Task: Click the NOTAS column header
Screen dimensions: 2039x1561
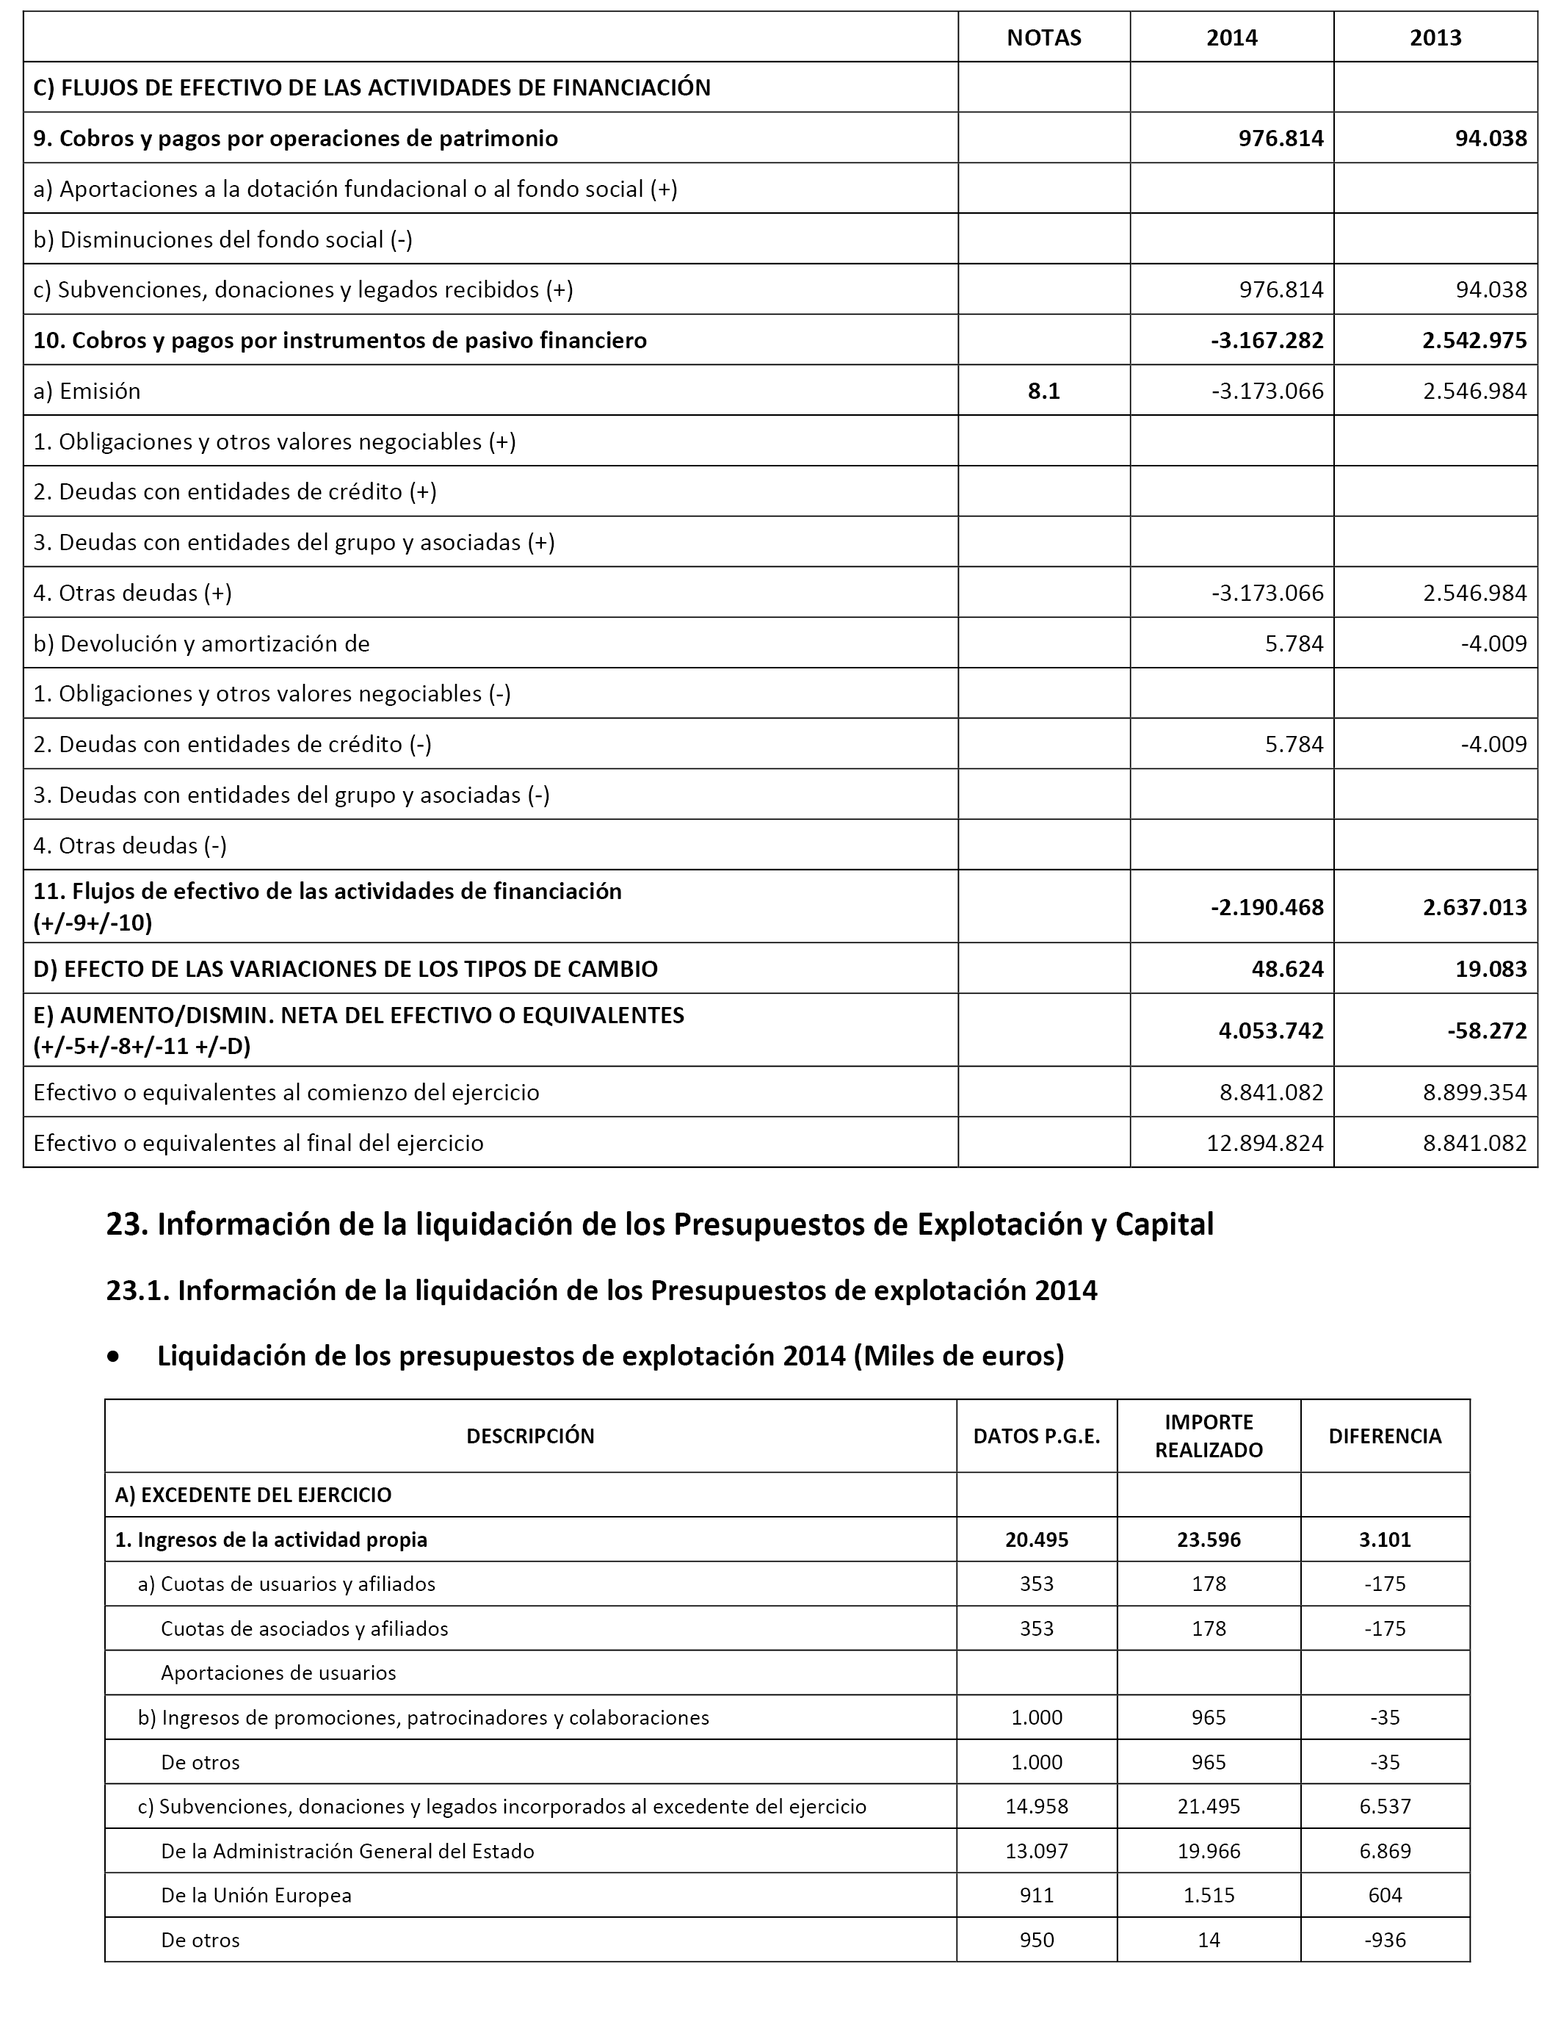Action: point(1043,37)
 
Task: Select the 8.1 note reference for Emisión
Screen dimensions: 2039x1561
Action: point(1043,391)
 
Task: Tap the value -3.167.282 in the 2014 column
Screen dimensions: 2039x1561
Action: point(1267,340)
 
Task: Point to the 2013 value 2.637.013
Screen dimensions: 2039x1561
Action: point(1474,907)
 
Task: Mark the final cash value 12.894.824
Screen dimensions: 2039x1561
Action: point(1264,1142)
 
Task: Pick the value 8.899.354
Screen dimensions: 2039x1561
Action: point(1474,1092)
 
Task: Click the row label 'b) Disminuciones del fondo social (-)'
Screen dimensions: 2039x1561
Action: point(223,239)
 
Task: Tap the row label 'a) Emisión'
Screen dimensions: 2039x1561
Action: point(87,391)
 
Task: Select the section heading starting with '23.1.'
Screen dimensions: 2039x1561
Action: point(601,1290)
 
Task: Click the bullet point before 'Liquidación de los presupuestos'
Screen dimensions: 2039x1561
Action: point(113,1357)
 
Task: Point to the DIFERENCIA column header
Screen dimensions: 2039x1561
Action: point(1385,1436)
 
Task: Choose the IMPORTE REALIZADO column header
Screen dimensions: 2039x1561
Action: point(1208,1436)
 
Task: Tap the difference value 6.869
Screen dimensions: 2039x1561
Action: point(1385,1851)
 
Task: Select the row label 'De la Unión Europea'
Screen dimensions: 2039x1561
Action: point(256,1896)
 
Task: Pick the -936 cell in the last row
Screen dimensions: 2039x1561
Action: point(1385,1941)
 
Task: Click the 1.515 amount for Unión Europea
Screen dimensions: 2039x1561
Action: point(1208,1896)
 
